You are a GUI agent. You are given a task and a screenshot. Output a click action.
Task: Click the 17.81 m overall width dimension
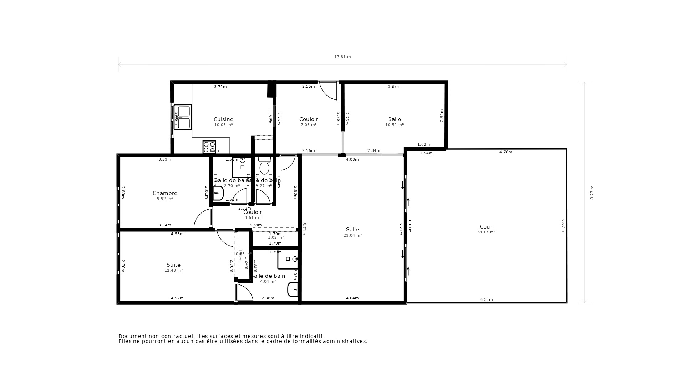(342, 57)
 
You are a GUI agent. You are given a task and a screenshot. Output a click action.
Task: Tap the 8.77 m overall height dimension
(592, 192)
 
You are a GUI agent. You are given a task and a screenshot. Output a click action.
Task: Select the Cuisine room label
(223, 119)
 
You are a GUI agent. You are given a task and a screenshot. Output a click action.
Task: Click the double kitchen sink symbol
(183, 117)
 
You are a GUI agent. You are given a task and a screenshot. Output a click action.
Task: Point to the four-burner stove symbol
(209, 147)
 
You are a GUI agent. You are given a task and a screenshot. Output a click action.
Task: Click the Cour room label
(486, 227)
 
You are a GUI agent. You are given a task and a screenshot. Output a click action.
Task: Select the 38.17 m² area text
(486, 232)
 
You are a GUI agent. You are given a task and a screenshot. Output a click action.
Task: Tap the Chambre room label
(165, 193)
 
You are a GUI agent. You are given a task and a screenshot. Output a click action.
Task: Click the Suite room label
(173, 265)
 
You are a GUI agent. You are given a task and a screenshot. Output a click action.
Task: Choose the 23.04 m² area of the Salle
(352, 236)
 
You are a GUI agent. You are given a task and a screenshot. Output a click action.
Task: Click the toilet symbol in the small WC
(264, 166)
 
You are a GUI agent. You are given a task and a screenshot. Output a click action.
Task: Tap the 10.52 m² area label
(394, 125)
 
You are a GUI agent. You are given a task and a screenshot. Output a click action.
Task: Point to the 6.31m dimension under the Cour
(486, 300)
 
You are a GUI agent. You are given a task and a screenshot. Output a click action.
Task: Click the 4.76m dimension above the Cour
(506, 152)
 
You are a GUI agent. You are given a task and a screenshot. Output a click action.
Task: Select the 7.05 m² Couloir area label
(309, 125)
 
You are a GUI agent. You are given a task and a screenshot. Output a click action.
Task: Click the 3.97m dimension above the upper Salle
(394, 87)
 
